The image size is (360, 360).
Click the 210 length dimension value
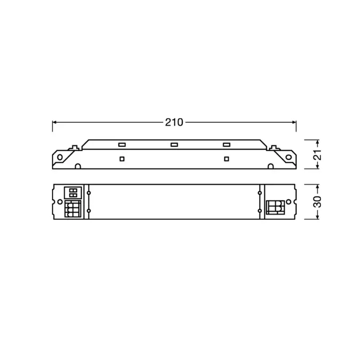click(x=174, y=122)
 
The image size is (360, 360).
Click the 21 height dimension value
click(x=318, y=154)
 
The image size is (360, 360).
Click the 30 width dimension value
click(x=318, y=202)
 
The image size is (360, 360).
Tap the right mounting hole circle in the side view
click(x=288, y=157)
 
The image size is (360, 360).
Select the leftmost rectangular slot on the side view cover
click(x=121, y=145)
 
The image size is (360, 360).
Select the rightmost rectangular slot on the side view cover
click(x=226, y=145)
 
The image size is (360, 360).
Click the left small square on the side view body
click(x=121, y=158)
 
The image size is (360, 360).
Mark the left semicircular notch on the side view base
click(x=78, y=167)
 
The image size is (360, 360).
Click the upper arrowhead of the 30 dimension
click(x=318, y=187)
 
